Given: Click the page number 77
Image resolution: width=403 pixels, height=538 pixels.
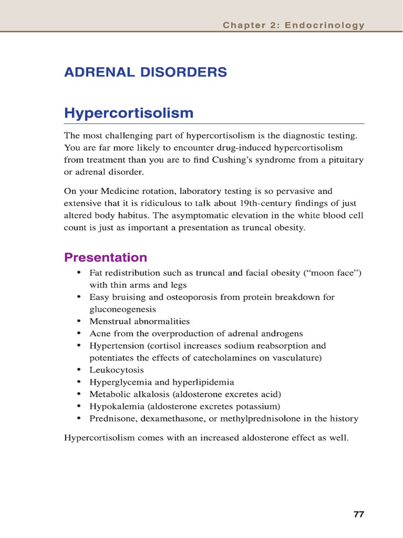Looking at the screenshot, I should pyautogui.click(x=358, y=514).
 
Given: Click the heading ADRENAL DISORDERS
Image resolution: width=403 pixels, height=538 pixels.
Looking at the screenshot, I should pyautogui.click(x=145, y=73).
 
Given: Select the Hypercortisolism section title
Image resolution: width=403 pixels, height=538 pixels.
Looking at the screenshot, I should pyautogui.click(x=129, y=113).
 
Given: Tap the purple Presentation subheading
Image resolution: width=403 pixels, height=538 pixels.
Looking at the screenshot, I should pyautogui.click(x=105, y=257).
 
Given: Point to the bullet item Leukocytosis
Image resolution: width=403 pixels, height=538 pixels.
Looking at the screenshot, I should pyautogui.click(x=116, y=370).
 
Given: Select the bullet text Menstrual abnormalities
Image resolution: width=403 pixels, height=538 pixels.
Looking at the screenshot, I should pyautogui.click(x=140, y=321).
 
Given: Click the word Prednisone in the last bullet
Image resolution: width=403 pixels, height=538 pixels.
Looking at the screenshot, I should pyautogui.click(x=111, y=419).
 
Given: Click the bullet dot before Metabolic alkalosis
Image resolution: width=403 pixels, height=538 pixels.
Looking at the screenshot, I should pyautogui.click(x=79, y=394).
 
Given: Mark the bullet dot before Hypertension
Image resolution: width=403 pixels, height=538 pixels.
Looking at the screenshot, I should pyautogui.click(x=79, y=346).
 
